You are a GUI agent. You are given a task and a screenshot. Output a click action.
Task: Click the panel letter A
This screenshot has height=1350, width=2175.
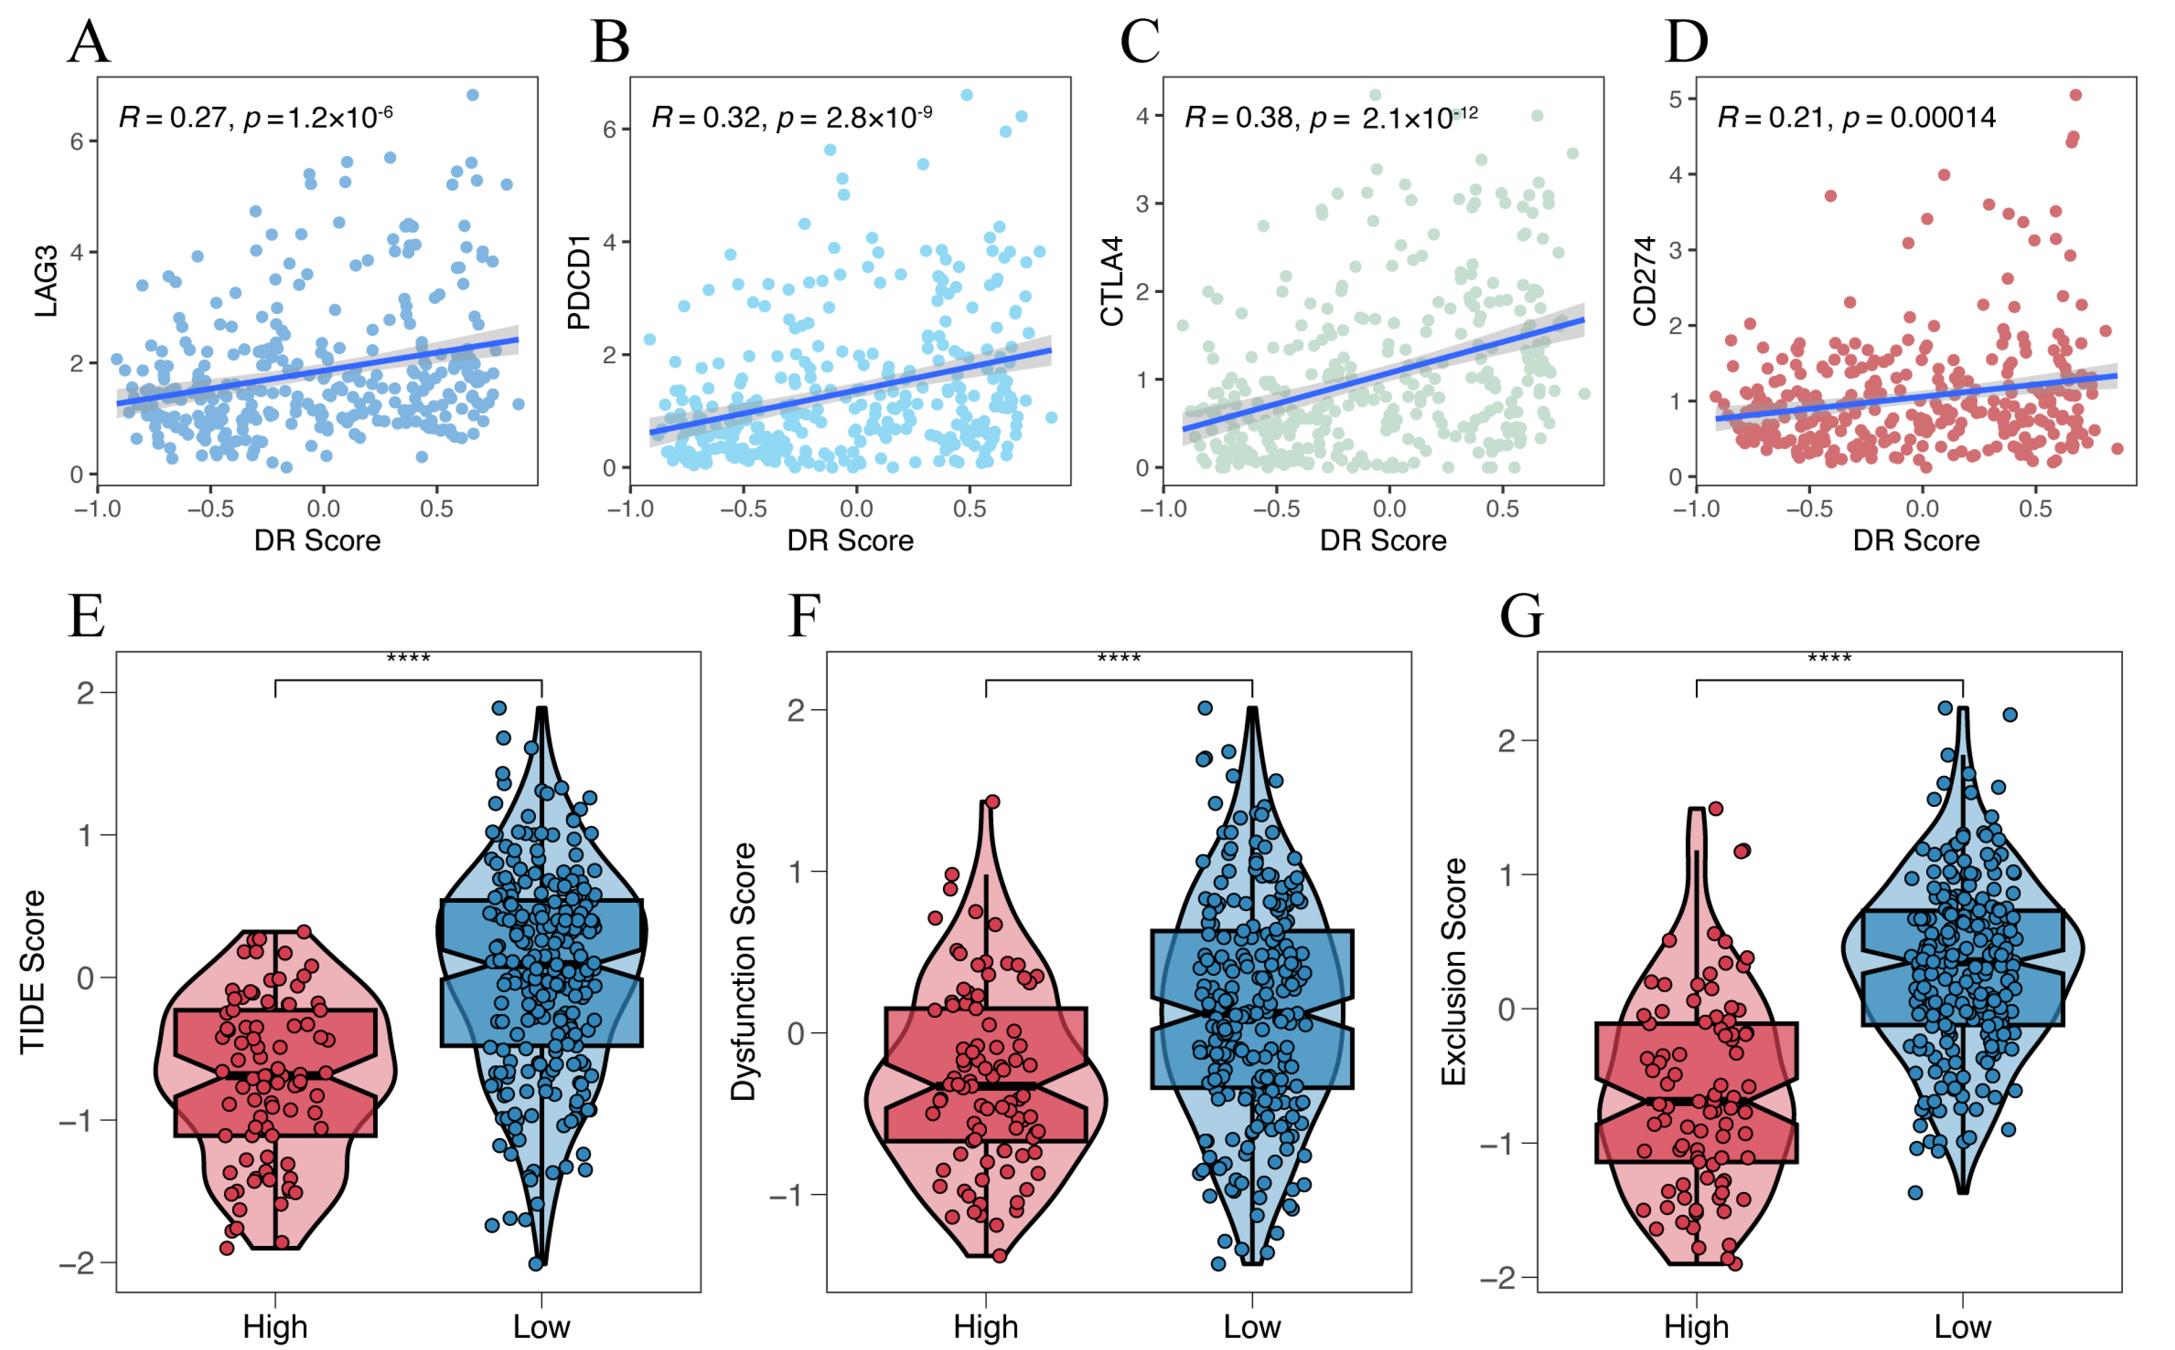[90, 42]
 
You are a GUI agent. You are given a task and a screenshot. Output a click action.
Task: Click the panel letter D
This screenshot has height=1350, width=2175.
[1687, 42]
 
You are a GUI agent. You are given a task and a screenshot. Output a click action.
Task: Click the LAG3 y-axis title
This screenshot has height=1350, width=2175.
[46, 281]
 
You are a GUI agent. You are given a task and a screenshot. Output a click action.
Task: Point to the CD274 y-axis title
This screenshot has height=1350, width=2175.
[1644, 281]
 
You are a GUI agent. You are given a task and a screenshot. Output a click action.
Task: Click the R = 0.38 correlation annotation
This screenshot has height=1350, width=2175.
[1241, 118]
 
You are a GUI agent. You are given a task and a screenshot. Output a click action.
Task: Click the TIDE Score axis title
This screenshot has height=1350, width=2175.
[32, 972]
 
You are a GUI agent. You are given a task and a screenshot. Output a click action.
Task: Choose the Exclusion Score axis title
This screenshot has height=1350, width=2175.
[1454, 972]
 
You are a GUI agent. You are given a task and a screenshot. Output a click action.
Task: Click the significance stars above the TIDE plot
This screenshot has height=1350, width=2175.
[408, 659]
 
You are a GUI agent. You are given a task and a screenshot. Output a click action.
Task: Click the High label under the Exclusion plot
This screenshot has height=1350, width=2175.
[1696, 1327]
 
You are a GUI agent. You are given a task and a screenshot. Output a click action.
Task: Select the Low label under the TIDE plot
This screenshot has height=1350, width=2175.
[541, 1327]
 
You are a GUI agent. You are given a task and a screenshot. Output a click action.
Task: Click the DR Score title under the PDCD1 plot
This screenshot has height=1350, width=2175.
[851, 540]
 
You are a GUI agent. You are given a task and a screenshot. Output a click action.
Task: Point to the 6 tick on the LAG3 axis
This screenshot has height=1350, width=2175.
[77, 142]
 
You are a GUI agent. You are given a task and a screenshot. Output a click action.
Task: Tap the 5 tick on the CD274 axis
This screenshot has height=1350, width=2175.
[1675, 99]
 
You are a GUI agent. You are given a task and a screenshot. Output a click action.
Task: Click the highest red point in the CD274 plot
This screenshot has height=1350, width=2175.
[2076, 95]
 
